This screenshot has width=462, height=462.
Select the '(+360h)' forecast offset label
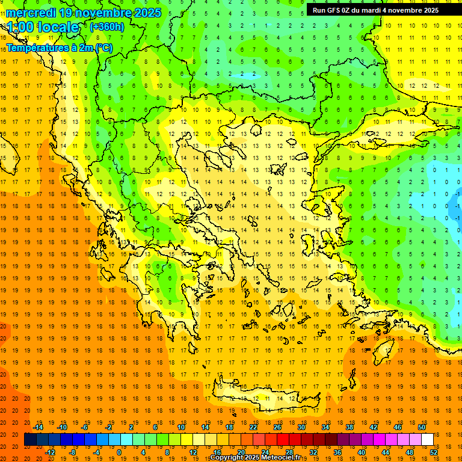click(x=106, y=26)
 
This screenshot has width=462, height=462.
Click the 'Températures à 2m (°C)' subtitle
click(x=59, y=48)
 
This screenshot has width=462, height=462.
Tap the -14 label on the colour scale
click(x=38, y=427)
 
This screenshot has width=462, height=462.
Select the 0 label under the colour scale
click(x=119, y=452)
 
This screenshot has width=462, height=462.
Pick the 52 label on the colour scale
click(x=434, y=452)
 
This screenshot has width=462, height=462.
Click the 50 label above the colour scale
click(x=421, y=427)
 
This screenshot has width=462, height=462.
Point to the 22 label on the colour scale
click(x=253, y=427)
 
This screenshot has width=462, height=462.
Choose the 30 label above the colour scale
click(x=301, y=427)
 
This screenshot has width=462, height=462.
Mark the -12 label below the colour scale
click(x=50, y=452)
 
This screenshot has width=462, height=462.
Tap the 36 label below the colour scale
click(x=337, y=452)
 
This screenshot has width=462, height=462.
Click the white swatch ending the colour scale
click(x=427, y=439)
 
